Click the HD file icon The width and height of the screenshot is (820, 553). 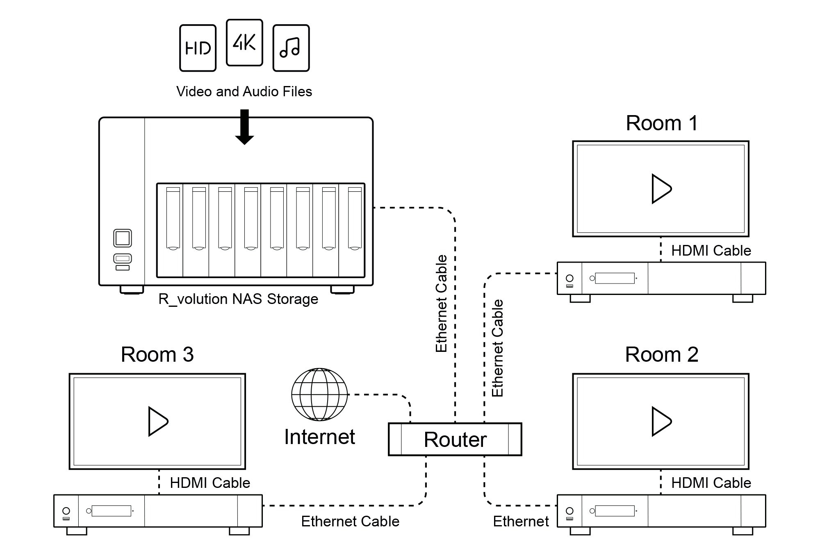point(198,48)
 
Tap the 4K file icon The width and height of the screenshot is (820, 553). point(244,43)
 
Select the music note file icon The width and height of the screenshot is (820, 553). point(291,48)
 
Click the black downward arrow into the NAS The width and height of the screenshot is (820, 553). point(244,127)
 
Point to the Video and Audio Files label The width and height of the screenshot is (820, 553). point(244,91)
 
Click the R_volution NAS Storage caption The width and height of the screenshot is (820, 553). point(238,299)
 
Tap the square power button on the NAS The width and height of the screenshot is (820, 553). point(123,238)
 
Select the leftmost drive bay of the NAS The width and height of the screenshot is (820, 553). point(173,219)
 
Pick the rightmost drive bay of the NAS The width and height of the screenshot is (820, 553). point(355,219)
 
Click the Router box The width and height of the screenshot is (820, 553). point(455,440)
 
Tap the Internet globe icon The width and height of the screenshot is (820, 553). point(319,394)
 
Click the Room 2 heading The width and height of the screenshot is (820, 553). point(661,354)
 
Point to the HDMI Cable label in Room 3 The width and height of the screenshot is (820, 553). point(210,483)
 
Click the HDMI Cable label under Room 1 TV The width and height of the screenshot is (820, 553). point(711,251)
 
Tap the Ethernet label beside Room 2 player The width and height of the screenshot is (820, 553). point(521,521)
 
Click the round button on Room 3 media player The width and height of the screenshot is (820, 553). point(66,510)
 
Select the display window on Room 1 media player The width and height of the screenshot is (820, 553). point(615,278)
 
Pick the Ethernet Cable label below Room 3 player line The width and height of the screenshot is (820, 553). point(350,521)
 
